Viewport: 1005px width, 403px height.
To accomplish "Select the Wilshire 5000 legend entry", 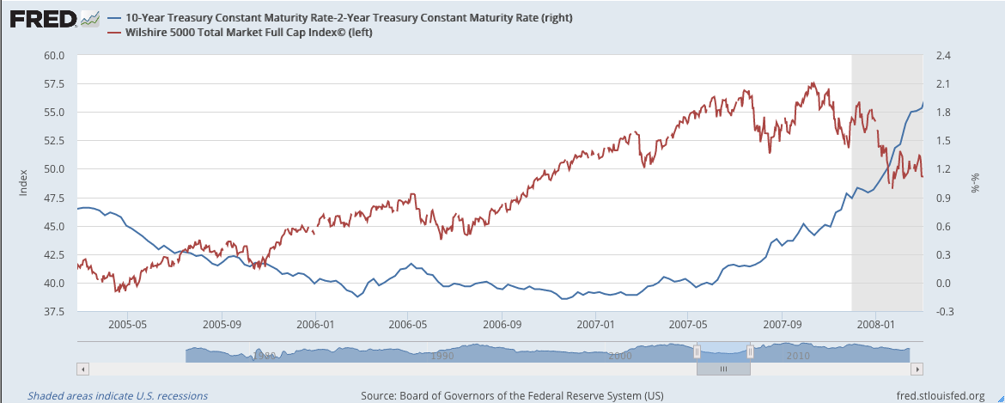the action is coord(240,33).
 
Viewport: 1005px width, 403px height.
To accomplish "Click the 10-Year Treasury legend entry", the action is coord(339,18).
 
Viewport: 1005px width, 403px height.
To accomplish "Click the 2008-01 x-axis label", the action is coord(875,324).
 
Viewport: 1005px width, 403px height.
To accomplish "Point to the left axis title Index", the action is coord(23,183).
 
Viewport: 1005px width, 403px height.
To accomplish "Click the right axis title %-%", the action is coord(976,183).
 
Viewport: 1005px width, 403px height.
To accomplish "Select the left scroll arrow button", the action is coord(82,369).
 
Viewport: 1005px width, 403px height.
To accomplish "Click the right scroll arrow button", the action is coord(917,369).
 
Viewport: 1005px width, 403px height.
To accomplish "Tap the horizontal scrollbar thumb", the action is coord(723,369).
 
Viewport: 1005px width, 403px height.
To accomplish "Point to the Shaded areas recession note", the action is coord(118,396).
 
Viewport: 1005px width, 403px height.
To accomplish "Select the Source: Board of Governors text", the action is coord(512,395).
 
